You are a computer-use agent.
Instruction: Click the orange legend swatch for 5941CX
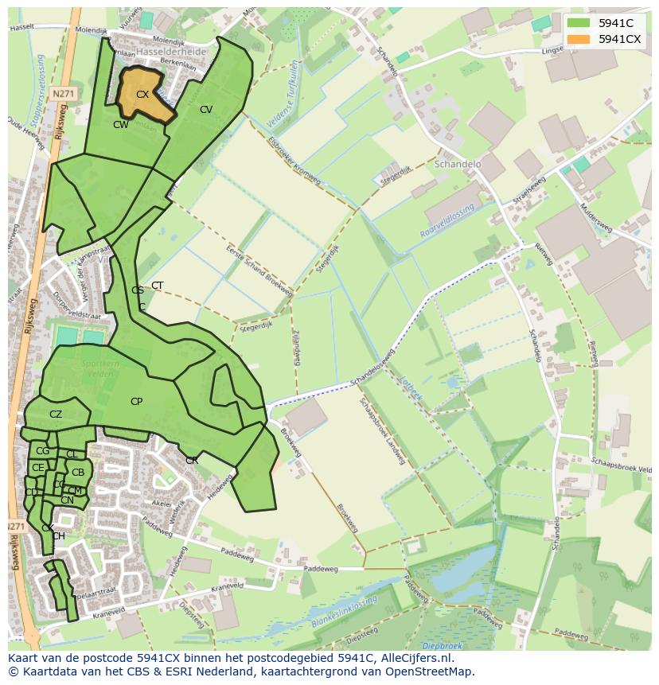[x=579, y=39]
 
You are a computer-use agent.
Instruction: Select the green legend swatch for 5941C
[x=579, y=23]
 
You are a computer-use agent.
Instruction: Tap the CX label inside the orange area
[x=142, y=95]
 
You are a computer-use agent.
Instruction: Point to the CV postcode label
[x=206, y=110]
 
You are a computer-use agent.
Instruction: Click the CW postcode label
[x=120, y=125]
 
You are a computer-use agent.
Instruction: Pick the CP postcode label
[x=136, y=402]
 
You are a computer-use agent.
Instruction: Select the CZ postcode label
[x=56, y=415]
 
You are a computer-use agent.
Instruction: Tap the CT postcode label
[x=158, y=286]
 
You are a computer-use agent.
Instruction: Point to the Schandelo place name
[x=458, y=164]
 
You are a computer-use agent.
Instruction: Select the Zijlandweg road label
[x=295, y=346]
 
